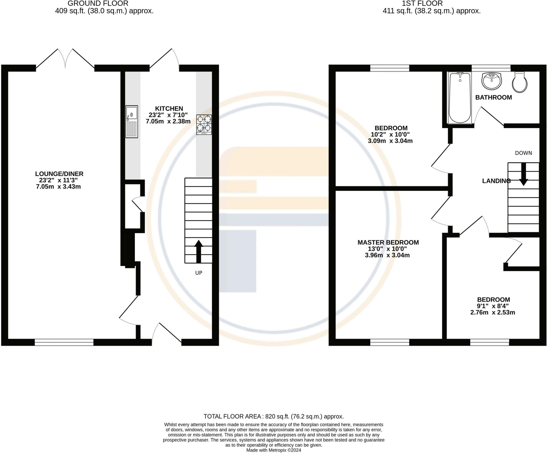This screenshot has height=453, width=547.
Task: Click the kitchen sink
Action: click(132, 122)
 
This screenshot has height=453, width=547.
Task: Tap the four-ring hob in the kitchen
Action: click(204, 124)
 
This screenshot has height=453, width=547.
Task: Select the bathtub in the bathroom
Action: click(460, 98)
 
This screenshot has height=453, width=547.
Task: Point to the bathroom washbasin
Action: click(492, 81)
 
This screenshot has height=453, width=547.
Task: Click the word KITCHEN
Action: click(169, 108)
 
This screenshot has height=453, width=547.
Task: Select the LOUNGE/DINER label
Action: click(59, 174)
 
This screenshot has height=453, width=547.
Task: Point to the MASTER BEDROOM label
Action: click(388, 242)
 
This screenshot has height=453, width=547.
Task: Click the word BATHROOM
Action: click(494, 97)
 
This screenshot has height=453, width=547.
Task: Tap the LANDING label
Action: click(496, 181)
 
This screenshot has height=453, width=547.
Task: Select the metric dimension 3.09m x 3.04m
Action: click(390, 141)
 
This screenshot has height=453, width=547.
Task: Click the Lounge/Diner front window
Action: click(64, 342)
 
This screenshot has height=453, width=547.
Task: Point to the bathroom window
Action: click(491, 68)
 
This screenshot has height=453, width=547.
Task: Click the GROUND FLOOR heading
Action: click(98, 3)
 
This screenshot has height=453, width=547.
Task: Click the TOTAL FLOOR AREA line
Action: click(274, 416)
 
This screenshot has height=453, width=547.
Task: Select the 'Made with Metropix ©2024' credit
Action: click(274, 450)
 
